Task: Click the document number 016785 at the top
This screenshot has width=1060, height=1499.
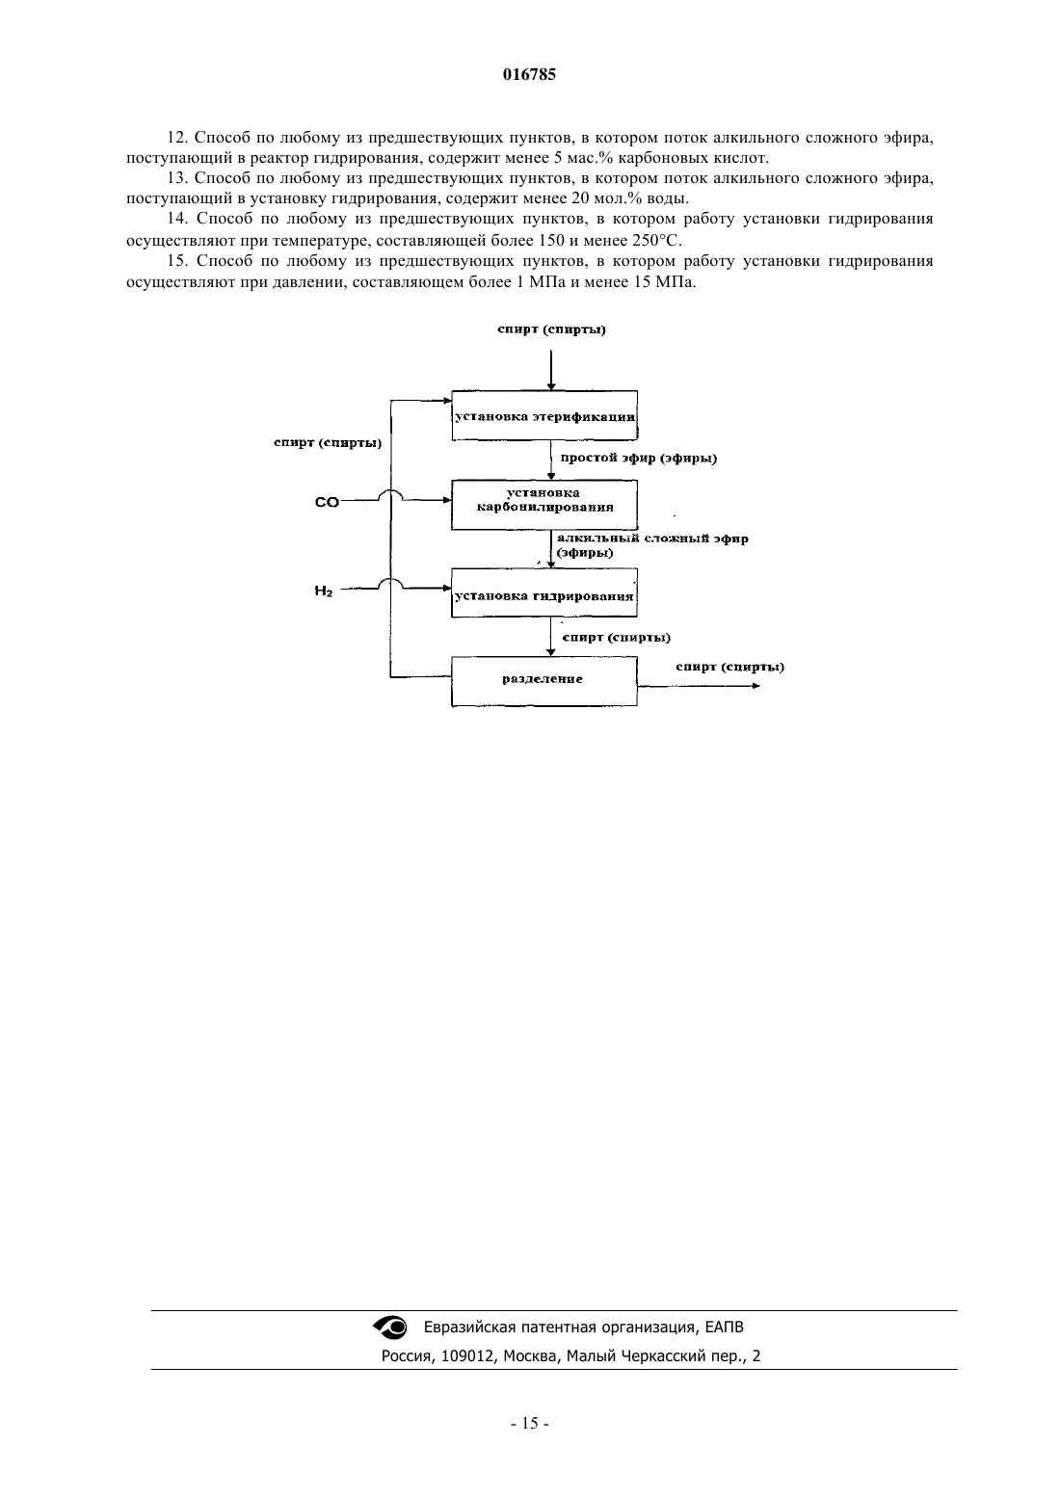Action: pyautogui.click(x=529, y=74)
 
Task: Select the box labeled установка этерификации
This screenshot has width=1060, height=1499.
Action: pyautogui.click(x=544, y=415)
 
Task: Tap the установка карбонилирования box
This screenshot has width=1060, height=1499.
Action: pyautogui.click(x=544, y=505)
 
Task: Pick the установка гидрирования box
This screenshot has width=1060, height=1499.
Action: pyautogui.click(x=544, y=592)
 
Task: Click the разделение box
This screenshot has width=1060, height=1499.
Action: pyautogui.click(x=544, y=681)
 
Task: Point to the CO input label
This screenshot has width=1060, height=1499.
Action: pyautogui.click(x=328, y=502)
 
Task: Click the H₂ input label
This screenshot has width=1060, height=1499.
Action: pyautogui.click(x=324, y=591)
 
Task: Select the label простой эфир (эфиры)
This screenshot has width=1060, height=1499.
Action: pyautogui.click(x=638, y=459)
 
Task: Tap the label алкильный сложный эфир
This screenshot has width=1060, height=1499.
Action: pyautogui.click(x=652, y=539)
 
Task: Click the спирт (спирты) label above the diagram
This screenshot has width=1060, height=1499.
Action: pyautogui.click(x=552, y=329)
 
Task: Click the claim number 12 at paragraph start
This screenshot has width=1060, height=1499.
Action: pyautogui.click(x=178, y=138)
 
